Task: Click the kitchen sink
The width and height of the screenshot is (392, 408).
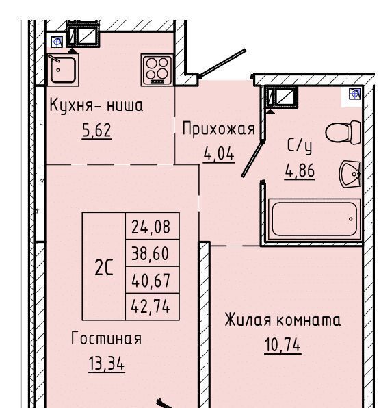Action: (x=63, y=70)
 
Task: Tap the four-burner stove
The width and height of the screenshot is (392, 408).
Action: (x=157, y=70)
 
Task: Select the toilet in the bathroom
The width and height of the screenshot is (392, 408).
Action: (x=343, y=132)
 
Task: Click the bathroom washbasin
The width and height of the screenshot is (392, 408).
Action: (x=350, y=174)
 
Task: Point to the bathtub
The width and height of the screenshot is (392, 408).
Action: (x=314, y=219)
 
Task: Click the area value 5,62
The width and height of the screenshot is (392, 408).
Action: (x=96, y=131)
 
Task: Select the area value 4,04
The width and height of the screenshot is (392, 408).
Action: (x=219, y=154)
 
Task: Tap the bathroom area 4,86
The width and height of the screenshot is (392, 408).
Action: (x=300, y=171)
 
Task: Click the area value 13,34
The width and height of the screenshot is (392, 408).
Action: (x=107, y=364)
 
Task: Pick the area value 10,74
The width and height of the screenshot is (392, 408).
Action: (x=283, y=345)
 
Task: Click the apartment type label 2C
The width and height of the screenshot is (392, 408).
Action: (x=104, y=268)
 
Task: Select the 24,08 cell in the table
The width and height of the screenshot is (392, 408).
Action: (x=153, y=226)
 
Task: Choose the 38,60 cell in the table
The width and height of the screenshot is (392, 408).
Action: (x=153, y=253)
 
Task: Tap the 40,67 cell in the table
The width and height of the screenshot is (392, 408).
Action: (x=153, y=280)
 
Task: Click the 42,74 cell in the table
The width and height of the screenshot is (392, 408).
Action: (x=153, y=307)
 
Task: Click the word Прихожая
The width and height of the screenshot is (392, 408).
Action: (x=218, y=129)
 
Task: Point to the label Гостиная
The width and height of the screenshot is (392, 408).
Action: (x=107, y=338)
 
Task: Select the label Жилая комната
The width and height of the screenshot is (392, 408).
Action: (x=283, y=320)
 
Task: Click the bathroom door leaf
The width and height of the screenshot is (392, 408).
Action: (x=253, y=159)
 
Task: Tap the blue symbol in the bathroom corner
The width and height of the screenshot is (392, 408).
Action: (x=355, y=93)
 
